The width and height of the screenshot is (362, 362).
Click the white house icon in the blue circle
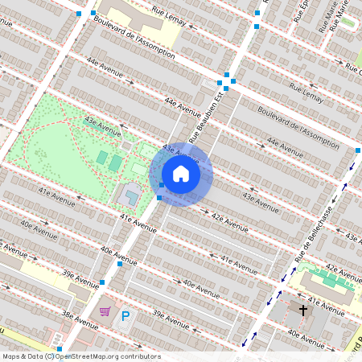click(x=181, y=173)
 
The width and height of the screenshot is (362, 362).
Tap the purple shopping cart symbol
click(x=105, y=311)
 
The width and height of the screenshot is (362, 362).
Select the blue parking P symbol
click(x=125, y=317)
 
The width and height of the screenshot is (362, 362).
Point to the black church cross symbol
click(x=303, y=311)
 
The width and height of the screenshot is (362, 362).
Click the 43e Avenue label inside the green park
click(x=102, y=126)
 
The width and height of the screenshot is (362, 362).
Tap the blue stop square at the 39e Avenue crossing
click(x=102, y=282)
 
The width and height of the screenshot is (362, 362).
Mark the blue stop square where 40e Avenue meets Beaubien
click(x=120, y=264)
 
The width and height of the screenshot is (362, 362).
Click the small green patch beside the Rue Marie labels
click(x=348, y=23)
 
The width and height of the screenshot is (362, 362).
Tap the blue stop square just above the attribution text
click(x=59, y=348)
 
